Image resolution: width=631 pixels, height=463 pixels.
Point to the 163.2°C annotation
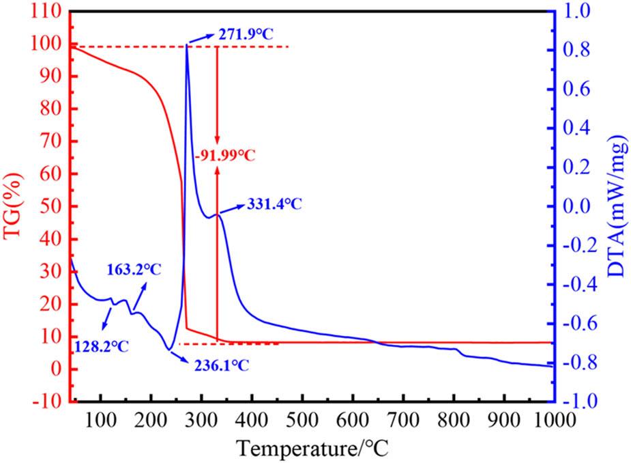pyautogui.click(x=134, y=269)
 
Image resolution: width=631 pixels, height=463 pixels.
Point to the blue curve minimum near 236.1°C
pyautogui.click(x=168, y=350)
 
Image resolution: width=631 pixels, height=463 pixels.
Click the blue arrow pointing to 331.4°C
pyautogui.click(x=229, y=209)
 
